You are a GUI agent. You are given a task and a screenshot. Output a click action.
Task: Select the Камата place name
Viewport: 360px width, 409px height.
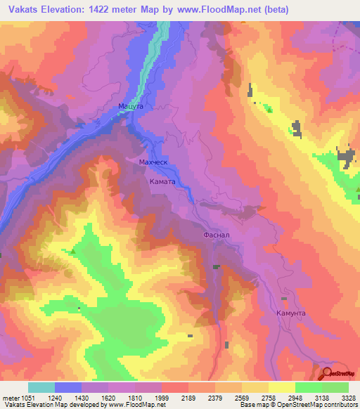(x=162, y=181)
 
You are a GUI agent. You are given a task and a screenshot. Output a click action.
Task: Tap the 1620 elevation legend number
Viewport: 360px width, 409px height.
(x=109, y=397)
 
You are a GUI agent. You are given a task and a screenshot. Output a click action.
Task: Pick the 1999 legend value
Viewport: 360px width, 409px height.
(x=162, y=397)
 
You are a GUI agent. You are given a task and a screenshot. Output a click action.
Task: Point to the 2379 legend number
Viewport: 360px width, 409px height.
(x=216, y=397)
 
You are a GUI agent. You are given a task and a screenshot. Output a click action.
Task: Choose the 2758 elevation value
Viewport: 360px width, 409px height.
(x=269, y=397)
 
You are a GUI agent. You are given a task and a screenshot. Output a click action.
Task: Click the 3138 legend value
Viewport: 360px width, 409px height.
(x=323, y=397)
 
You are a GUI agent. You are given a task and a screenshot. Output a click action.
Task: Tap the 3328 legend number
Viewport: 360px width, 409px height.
(x=349, y=397)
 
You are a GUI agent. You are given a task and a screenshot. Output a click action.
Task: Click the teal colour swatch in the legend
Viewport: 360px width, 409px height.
(x=41, y=387)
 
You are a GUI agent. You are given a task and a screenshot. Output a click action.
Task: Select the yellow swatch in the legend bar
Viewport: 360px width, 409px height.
(x=281, y=387)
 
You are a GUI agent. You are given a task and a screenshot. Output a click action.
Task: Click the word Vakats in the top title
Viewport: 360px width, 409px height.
(x=23, y=9)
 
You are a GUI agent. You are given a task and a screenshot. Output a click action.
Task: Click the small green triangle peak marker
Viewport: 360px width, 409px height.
(x=72, y=250)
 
